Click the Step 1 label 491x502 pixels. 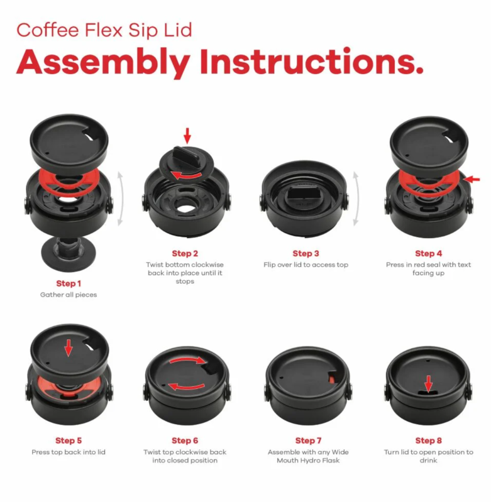point(69,283)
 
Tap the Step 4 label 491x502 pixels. point(428,254)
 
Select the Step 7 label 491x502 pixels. point(308,441)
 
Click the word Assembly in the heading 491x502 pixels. point(103,62)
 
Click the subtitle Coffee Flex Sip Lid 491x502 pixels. point(104,30)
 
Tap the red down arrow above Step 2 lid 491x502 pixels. point(187,136)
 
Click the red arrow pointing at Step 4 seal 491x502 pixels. point(472,179)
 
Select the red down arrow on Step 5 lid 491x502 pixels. point(69,348)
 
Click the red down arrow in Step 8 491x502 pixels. point(429,383)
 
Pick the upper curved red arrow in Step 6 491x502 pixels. point(187,359)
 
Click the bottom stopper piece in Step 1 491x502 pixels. point(69,254)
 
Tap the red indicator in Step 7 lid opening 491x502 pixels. point(332,379)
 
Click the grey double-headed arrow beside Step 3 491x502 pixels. point(356,199)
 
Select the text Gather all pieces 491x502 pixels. point(69,295)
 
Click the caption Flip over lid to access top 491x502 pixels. point(306,265)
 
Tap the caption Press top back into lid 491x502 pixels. point(69,452)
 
